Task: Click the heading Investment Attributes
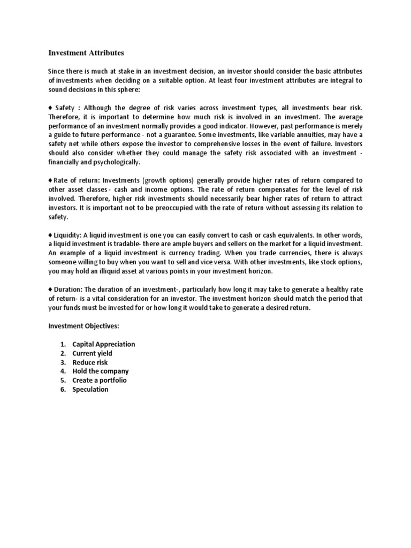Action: [x=86, y=52]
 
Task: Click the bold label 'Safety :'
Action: [x=67, y=107]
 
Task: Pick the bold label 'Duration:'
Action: [x=68, y=290]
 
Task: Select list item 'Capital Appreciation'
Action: [x=104, y=344]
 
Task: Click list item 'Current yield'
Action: [x=92, y=353]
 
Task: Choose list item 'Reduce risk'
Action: [x=90, y=362]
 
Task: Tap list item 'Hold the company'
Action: [x=101, y=371]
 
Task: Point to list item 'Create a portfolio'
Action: [x=100, y=380]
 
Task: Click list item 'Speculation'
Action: [x=90, y=389]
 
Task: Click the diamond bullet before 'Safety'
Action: [x=50, y=107]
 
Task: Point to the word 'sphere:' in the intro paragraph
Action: [x=127, y=89]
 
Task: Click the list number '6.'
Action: [x=63, y=389]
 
